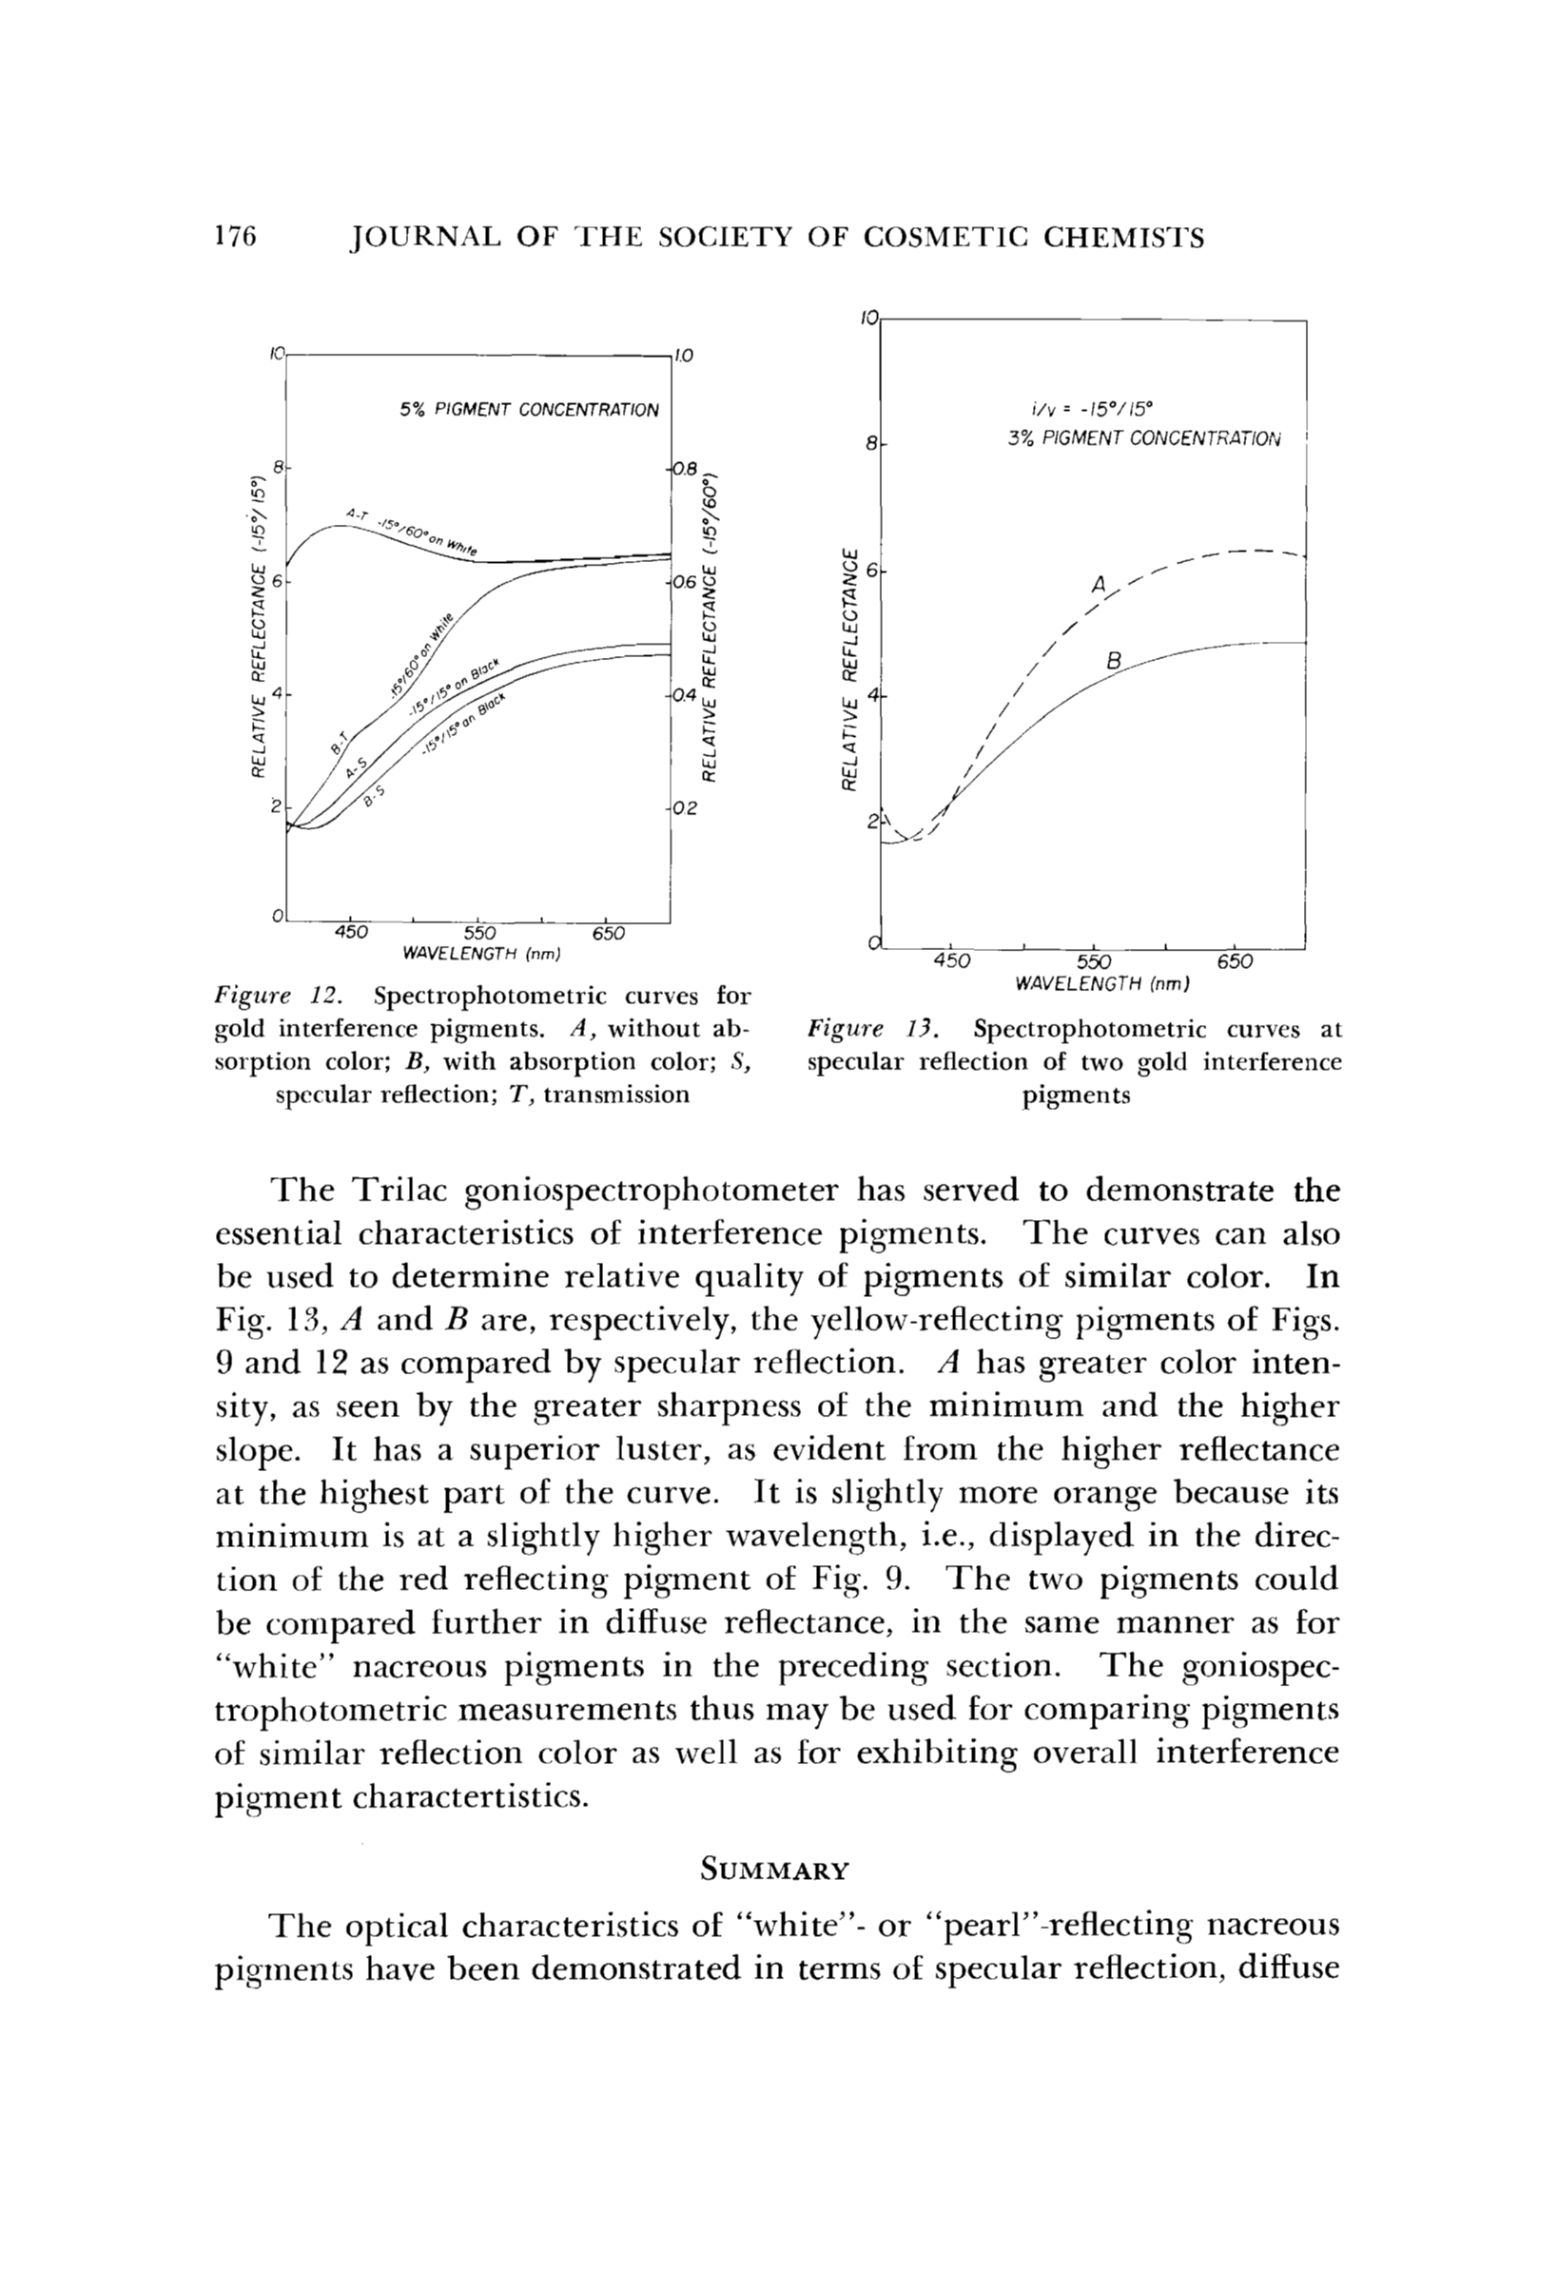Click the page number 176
point(234,238)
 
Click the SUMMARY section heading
point(773,1870)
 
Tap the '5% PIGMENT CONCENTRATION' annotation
point(529,409)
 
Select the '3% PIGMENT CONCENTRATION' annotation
point(1143,439)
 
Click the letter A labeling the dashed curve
point(1100,586)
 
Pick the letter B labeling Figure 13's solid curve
point(1113,662)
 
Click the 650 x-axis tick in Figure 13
point(1235,961)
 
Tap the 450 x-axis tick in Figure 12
point(351,932)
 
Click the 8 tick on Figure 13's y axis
point(871,445)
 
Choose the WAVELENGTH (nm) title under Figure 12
point(481,953)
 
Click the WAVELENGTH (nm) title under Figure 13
point(1102,983)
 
